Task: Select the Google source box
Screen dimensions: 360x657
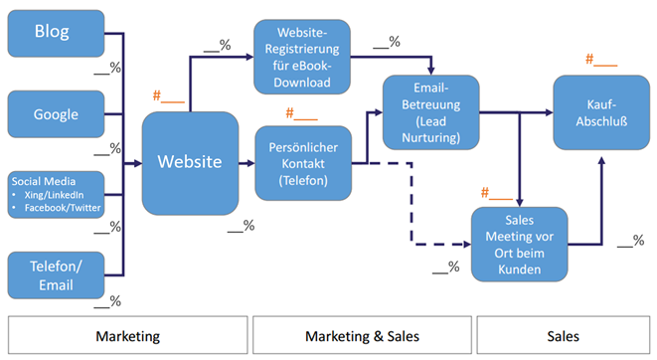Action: pos(55,113)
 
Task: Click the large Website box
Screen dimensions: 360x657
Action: pos(191,162)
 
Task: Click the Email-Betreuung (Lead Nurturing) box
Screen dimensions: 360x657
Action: pos(430,111)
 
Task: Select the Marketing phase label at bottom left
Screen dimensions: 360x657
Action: pos(126,336)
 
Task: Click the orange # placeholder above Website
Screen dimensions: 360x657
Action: pos(168,96)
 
